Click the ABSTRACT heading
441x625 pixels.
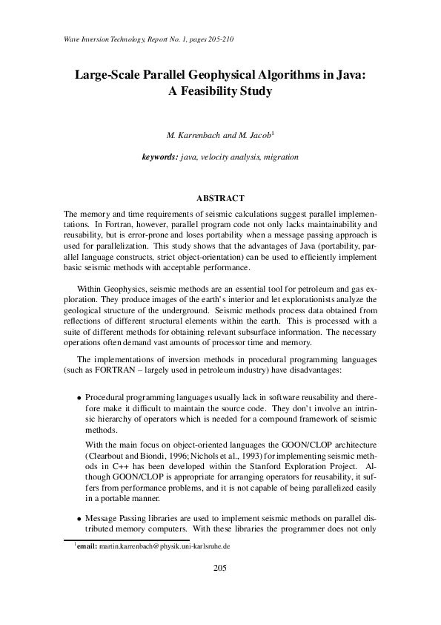coord(220,198)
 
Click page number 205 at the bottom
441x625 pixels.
coord(220,569)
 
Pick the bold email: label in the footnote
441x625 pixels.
coord(87,546)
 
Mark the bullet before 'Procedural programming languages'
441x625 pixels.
coord(79,398)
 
